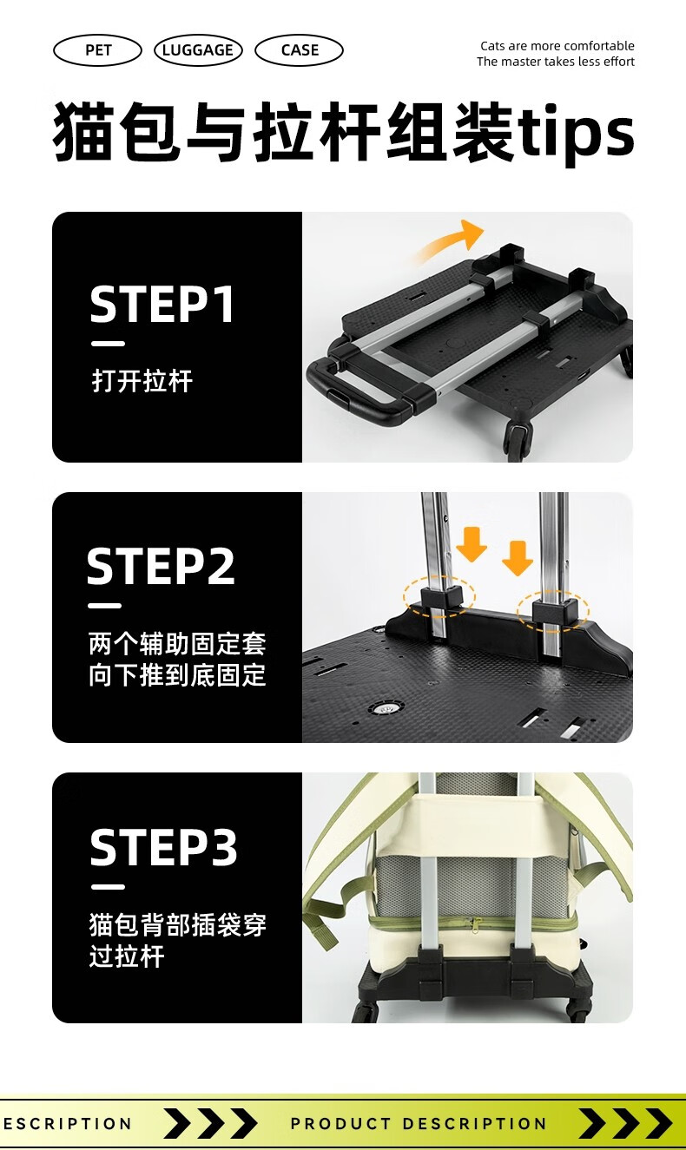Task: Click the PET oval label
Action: click(x=97, y=50)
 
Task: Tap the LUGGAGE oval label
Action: click(x=198, y=50)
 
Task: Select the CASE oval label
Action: click(x=300, y=50)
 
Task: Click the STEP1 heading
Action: click(x=162, y=304)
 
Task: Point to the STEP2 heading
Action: click(x=162, y=566)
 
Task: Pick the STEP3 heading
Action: click(x=163, y=847)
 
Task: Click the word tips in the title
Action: click(x=576, y=133)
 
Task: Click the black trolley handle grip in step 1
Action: click(x=359, y=391)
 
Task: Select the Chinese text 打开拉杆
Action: click(x=142, y=381)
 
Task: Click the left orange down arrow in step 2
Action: click(x=472, y=544)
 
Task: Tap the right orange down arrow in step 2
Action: click(x=517, y=558)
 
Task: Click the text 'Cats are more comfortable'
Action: click(x=557, y=46)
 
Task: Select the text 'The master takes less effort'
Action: click(x=556, y=62)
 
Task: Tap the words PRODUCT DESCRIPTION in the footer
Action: click(x=419, y=1123)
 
